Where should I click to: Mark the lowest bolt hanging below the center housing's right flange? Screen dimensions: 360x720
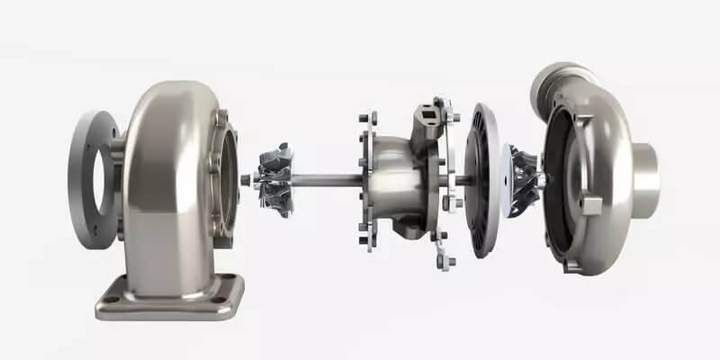click(441, 261)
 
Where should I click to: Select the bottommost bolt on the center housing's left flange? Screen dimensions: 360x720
click(365, 240)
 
